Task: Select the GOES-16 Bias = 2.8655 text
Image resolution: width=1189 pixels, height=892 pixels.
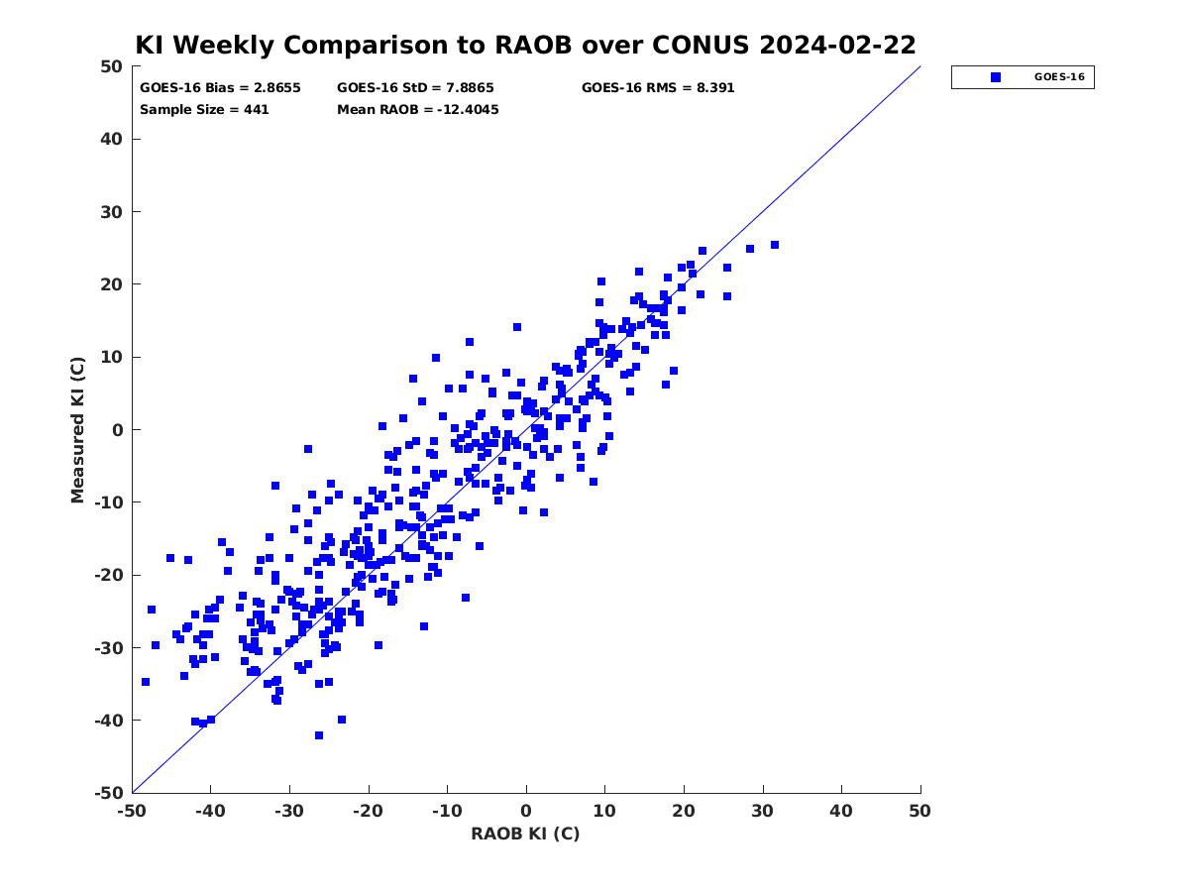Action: [221, 88]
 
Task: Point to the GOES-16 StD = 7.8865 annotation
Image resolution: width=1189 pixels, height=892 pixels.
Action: [415, 88]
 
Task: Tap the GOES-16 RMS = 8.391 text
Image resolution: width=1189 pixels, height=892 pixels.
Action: [658, 88]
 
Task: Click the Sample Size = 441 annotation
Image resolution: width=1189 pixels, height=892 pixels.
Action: [204, 109]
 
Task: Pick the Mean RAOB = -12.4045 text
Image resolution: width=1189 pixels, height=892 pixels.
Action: [418, 109]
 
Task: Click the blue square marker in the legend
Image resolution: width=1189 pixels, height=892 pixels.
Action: [996, 77]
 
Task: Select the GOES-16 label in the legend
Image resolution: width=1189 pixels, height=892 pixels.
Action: [1059, 77]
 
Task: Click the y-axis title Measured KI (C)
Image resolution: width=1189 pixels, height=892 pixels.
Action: [77, 430]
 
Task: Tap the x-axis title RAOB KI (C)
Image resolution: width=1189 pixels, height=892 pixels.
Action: [525, 834]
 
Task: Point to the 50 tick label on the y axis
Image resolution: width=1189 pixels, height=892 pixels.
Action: [112, 66]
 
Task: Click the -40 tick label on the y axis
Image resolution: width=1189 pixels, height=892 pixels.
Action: [109, 721]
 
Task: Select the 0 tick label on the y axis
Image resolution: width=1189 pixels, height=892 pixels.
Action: [118, 430]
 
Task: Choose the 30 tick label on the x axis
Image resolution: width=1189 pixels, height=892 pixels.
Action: [762, 811]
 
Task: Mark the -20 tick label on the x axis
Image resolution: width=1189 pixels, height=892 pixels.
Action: [368, 811]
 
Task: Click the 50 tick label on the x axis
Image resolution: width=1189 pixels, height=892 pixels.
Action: [919, 811]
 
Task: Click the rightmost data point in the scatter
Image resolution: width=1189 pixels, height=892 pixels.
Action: [775, 246]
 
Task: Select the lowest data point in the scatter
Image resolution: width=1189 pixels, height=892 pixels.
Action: [319, 735]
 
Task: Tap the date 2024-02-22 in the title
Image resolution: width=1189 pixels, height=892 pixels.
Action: [837, 45]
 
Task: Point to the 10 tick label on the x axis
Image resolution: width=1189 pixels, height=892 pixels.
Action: [604, 811]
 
